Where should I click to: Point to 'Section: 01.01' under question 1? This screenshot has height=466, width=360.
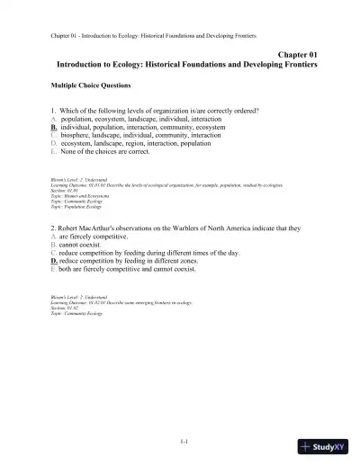pyautogui.click(x=66, y=190)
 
